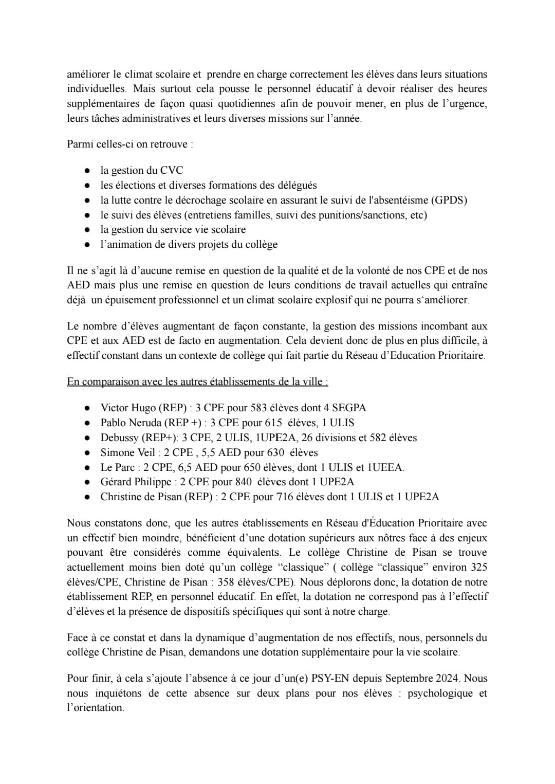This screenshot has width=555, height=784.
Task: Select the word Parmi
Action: [x=79, y=144]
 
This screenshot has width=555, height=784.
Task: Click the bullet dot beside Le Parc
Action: [x=88, y=467]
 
